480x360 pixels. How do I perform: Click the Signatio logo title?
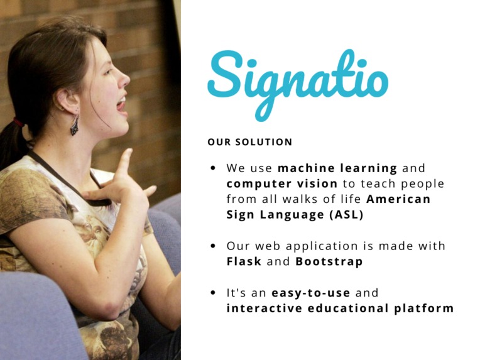297,80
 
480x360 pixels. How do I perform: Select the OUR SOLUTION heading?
249,142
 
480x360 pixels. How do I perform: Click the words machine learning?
337,168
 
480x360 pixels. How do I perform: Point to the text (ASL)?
345,214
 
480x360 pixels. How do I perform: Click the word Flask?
244,261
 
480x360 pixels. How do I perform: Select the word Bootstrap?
329,261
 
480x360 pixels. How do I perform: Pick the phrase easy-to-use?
311,293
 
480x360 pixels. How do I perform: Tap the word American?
398,199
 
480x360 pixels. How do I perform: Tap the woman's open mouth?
121,103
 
